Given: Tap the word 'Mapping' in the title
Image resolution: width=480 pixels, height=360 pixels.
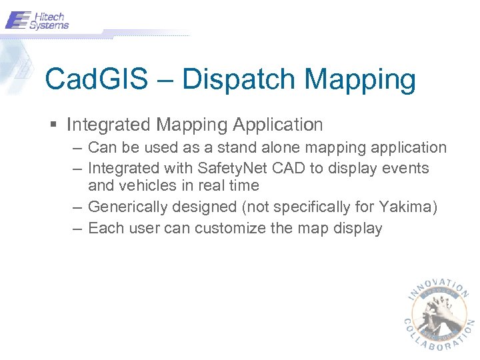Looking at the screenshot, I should [x=360, y=79].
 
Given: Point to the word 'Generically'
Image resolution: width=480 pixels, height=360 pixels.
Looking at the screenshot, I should [x=127, y=207].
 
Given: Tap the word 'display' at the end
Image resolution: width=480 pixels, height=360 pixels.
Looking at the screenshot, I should [x=358, y=229].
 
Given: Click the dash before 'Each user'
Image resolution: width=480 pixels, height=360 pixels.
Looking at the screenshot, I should [x=77, y=229].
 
